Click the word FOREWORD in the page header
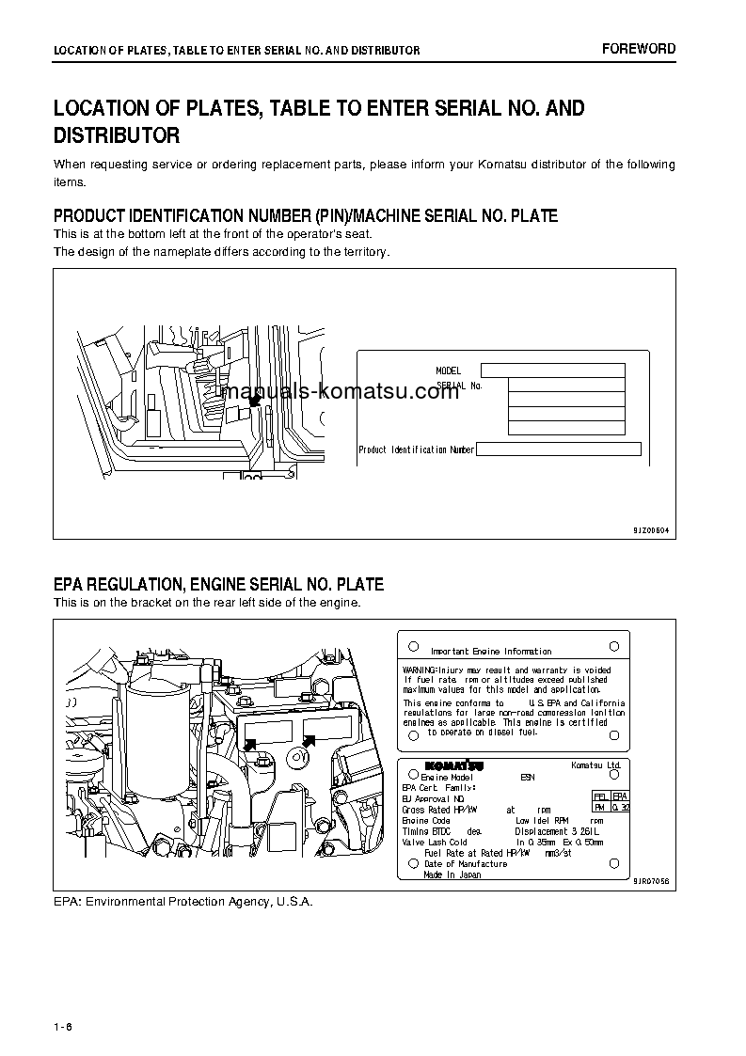click(639, 49)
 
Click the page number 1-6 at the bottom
click(63, 1025)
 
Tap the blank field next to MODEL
click(552, 370)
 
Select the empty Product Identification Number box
click(558, 449)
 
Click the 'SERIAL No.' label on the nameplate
click(460, 386)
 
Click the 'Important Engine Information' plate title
click(491, 651)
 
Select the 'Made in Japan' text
click(452, 875)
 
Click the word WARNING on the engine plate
click(420, 670)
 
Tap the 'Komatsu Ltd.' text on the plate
click(595, 765)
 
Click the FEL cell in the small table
click(599, 796)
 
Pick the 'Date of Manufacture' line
click(466, 864)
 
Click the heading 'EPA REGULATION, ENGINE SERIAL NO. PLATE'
click(218, 585)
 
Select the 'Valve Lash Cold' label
click(435, 842)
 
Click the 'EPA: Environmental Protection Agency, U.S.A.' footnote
click(183, 902)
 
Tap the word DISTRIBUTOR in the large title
click(117, 136)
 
